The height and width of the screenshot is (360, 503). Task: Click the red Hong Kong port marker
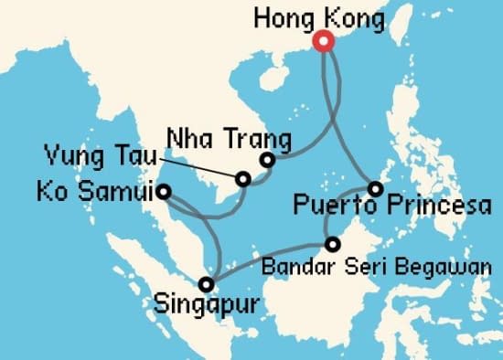322,41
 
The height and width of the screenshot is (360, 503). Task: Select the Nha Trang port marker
267,161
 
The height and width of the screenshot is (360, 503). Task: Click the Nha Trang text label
229,140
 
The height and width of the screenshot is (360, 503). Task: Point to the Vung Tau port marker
243,179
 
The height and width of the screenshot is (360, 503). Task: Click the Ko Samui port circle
163,192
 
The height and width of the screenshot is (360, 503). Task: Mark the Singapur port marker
209,283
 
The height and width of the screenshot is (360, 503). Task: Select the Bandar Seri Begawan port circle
332,244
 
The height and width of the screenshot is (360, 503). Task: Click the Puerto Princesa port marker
375,189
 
